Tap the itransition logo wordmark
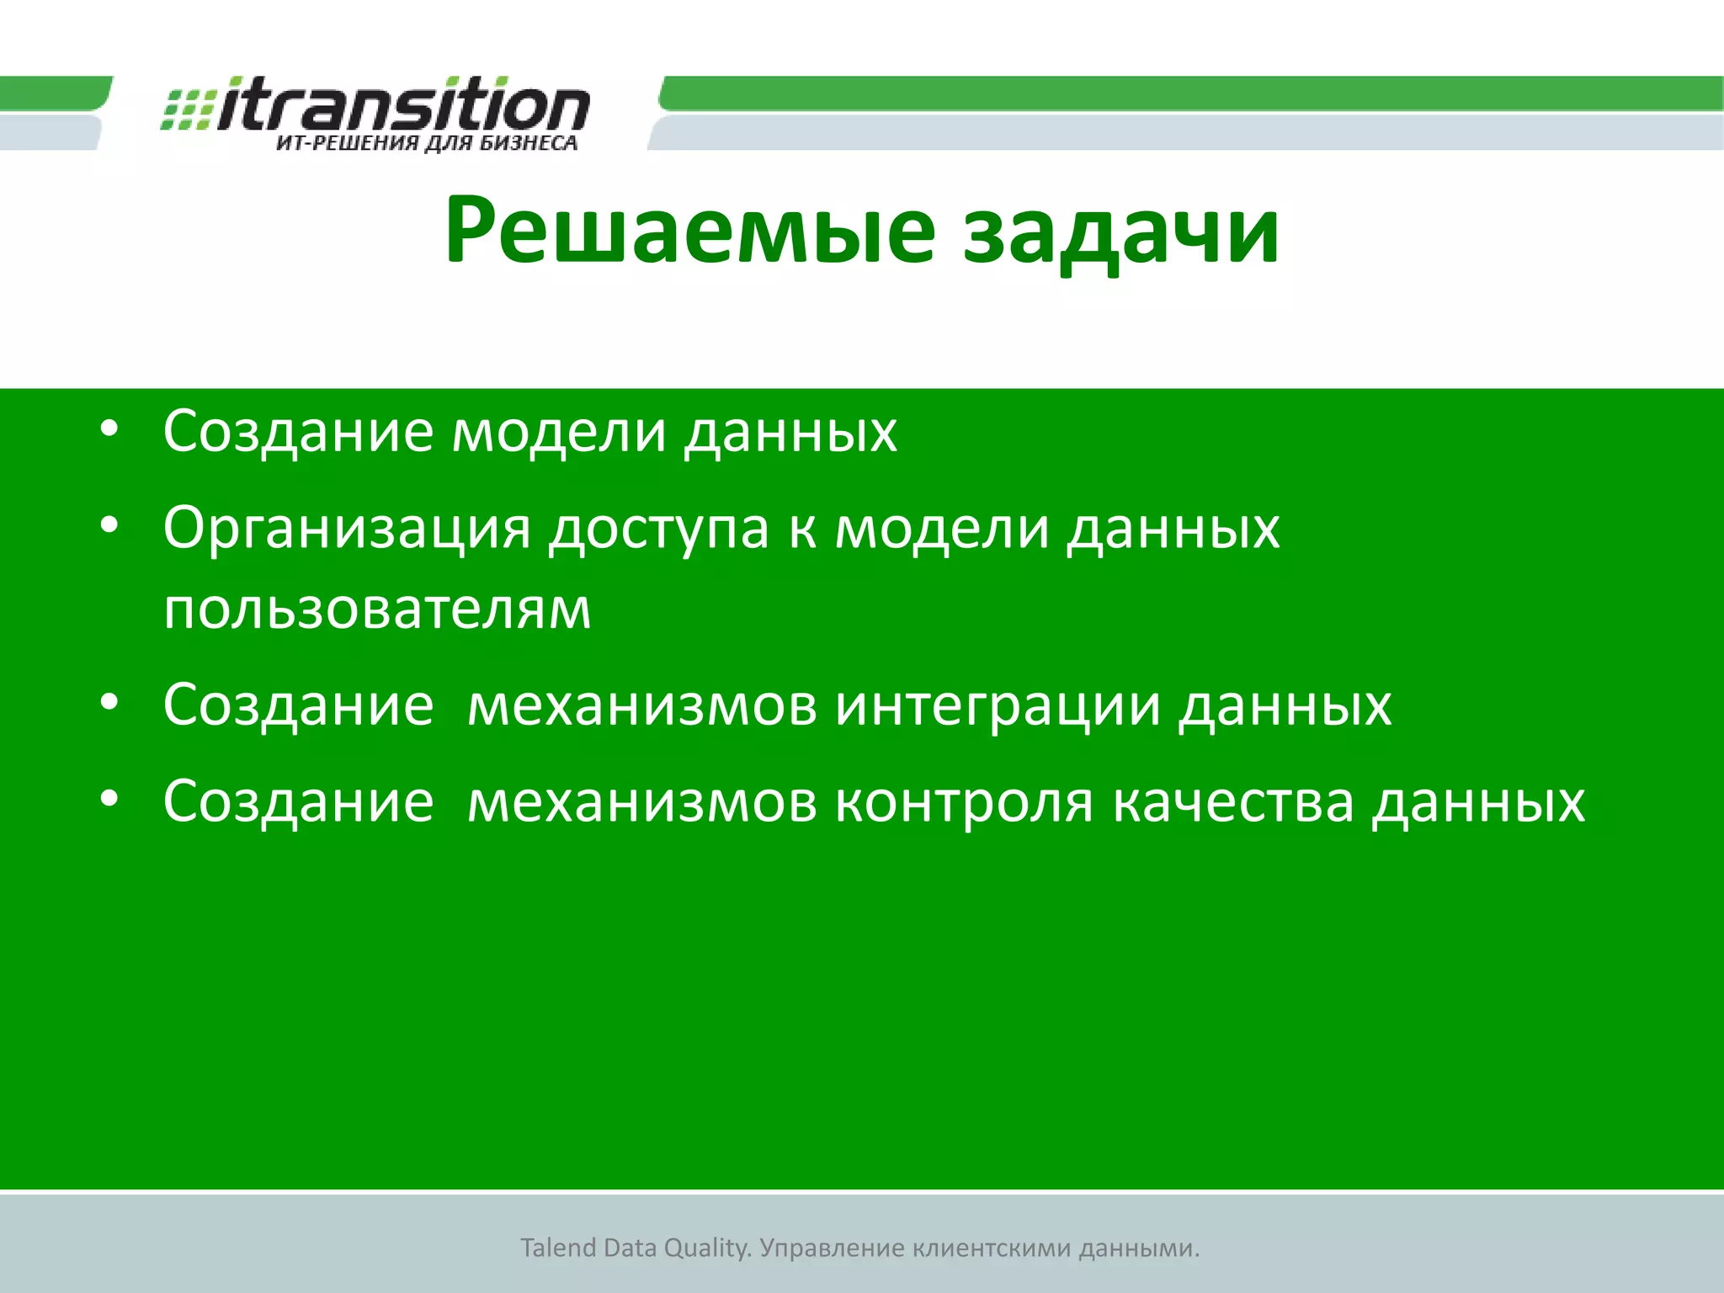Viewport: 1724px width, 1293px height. [x=404, y=105]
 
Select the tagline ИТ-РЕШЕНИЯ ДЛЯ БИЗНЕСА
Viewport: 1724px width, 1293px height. [x=427, y=143]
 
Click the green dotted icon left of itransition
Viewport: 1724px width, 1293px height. [x=187, y=109]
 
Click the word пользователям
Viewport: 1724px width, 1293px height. [x=377, y=609]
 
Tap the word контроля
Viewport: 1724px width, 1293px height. [x=964, y=801]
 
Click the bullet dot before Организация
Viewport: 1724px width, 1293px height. [x=109, y=527]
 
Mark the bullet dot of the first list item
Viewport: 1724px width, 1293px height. [x=109, y=430]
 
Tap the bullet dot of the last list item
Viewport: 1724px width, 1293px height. [x=109, y=800]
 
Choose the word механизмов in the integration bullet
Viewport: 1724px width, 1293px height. [x=641, y=705]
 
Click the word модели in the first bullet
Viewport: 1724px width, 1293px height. [x=560, y=432]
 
